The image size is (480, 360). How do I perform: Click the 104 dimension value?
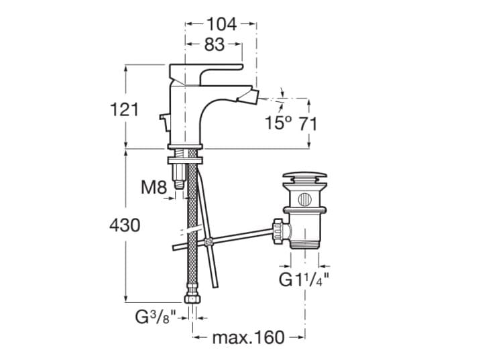[222, 24]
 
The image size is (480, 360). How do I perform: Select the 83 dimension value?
[215, 44]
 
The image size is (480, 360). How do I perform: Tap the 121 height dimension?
[124, 109]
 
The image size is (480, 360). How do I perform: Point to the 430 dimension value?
[125, 225]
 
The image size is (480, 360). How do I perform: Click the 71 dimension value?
[307, 123]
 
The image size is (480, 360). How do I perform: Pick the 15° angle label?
[278, 123]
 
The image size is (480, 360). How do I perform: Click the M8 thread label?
[154, 187]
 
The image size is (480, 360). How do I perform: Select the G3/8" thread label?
[156, 317]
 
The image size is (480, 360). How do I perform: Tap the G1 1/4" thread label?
[304, 279]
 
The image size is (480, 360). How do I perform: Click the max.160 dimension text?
[248, 337]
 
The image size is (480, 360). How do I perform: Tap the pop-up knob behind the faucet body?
[164, 122]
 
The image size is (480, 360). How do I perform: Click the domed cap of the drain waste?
[305, 177]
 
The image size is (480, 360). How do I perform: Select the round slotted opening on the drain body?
[304, 200]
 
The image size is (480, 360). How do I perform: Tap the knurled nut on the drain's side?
[279, 231]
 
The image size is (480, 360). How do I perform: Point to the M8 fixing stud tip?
[180, 184]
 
